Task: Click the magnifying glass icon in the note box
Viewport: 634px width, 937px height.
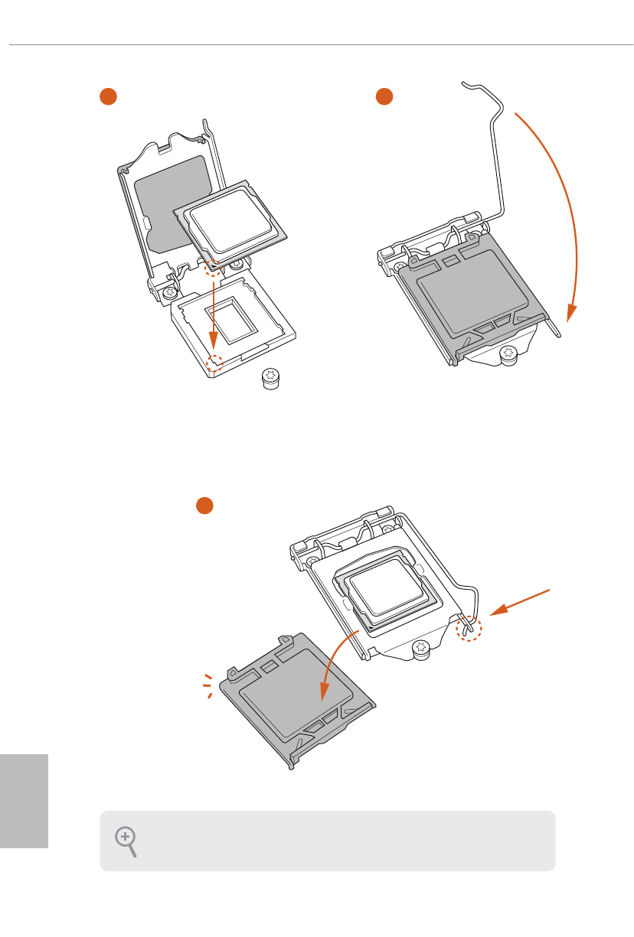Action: pos(126,841)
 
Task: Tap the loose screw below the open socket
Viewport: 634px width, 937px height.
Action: pos(270,378)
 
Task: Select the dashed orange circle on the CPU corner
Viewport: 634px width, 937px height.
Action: pos(216,268)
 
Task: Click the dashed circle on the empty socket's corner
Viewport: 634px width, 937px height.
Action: pos(217,362)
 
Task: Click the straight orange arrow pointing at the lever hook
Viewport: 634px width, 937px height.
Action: pos(521,602)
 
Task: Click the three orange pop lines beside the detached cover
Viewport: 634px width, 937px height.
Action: pos(207,686)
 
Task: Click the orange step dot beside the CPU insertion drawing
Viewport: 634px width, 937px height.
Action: pos(108,96)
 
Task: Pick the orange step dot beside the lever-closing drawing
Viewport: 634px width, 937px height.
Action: pos(384,96)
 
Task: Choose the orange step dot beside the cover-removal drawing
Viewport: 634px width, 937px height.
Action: pos(204,505)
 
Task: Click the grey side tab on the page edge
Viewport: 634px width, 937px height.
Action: pos(24,799)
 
